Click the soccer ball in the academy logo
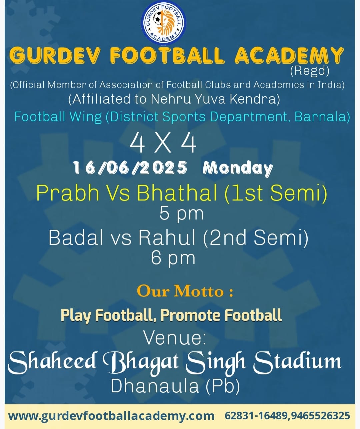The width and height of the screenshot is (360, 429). click(x=157, y=18)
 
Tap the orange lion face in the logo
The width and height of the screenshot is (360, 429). click(x=167, y=22)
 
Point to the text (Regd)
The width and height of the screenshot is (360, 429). click(x=310, y=71)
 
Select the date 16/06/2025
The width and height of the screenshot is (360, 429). click(x=130, y=168)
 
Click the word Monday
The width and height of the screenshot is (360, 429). click(x=237, y=169)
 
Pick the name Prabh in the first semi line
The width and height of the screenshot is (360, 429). click(x=68, y=193)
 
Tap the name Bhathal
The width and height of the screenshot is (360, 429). click(x=177, y=193)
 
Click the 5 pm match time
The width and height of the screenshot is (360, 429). click(x=181, y=214)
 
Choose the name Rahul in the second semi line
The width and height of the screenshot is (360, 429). click(x=167, y=237)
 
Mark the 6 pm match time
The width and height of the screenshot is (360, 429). click(x=173, y=258)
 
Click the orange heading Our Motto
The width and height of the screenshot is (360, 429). click(x=185, y=291)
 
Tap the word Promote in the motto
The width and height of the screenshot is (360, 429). click(x=190, y=315)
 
